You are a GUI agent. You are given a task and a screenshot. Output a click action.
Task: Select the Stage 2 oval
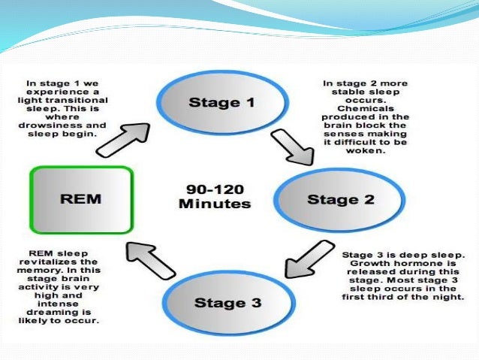tap(333, 199)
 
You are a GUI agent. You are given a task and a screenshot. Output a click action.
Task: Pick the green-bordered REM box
tap(81, 200)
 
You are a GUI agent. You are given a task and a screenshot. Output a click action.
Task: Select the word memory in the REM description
tap(45, 269)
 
